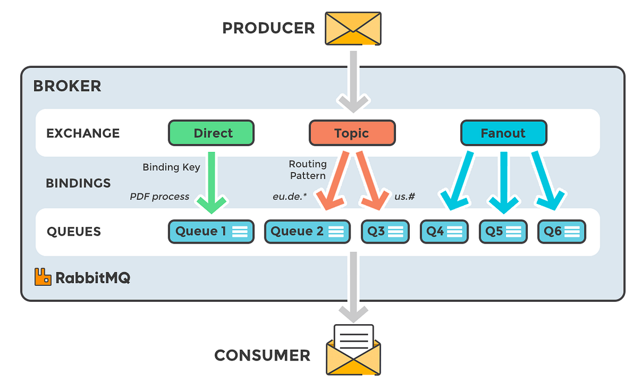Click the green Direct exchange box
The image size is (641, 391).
pos(211,133)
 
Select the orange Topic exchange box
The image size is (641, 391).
pos(352,133)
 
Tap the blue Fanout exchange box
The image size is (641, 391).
pos(504,133)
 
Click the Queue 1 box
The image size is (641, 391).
pos(211,232)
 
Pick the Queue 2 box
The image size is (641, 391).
pos(307,232)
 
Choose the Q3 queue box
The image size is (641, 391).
pos(385,232)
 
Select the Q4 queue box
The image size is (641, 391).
pos(444,232)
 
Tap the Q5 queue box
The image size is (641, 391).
pos(503,232)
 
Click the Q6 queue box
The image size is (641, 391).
pos(562,232)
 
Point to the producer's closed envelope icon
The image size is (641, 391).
pos(353,28)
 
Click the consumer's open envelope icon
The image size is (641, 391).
pos(354,350)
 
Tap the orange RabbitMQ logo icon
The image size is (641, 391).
pos(43,277)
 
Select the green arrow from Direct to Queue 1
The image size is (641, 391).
pos(212,183)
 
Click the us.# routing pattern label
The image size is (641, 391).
pos(405,197)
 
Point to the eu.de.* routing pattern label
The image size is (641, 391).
pos(290,197)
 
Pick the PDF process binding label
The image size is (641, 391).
pos(159,197)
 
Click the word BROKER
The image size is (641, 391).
pos(67,86)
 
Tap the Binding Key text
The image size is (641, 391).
pos(171,167)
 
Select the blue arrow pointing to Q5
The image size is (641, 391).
pos(504,183)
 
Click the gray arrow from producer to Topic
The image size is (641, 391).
pos(354,82)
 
